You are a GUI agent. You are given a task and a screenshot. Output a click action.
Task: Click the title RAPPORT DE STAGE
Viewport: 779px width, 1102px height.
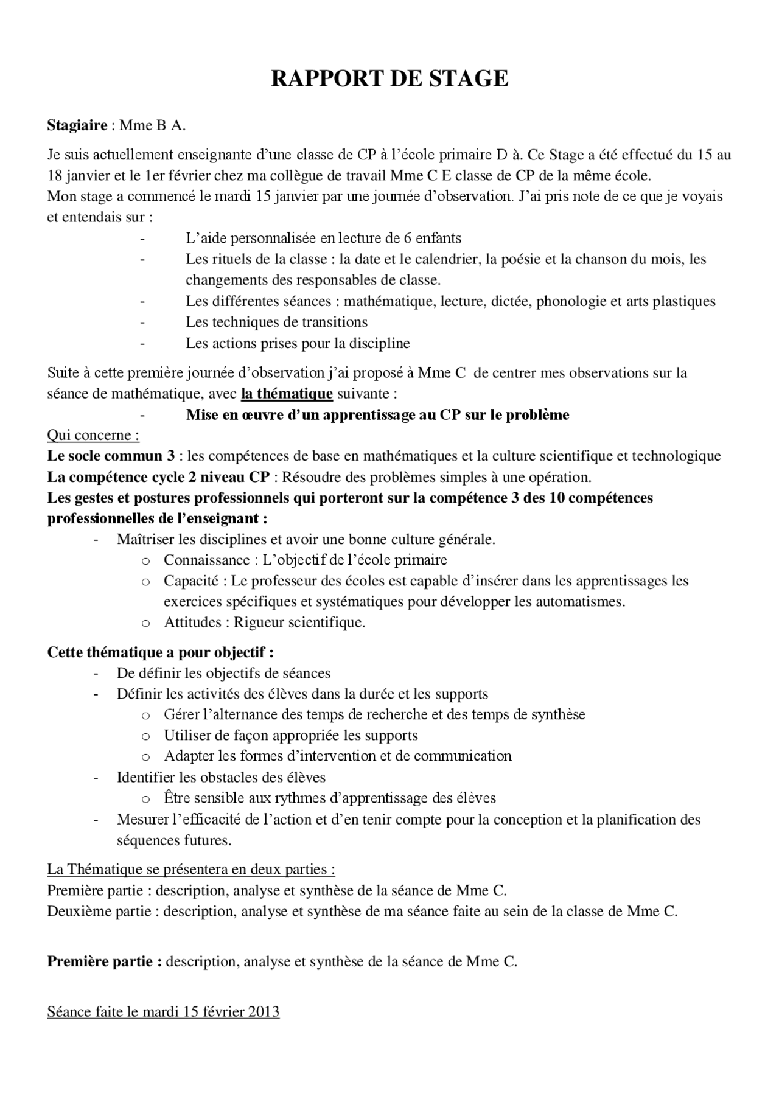pos(389,79)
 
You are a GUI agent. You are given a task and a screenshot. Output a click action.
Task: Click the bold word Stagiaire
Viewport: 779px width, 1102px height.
pos(77,125)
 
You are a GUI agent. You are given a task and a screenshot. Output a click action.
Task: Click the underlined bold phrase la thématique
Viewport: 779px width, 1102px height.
pos(287,394)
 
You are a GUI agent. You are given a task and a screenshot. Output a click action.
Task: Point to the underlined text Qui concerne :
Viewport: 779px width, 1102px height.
pos(93,435)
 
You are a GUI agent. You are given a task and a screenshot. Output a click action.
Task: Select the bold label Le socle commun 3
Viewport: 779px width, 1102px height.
pos(111,456)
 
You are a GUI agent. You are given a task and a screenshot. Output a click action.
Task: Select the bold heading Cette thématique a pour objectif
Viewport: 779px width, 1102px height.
pos(159,652)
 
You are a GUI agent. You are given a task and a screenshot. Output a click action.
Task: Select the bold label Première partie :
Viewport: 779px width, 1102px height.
pos(105,961)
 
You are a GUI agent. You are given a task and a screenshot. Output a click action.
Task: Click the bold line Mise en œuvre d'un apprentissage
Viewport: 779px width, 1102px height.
pos(377,415)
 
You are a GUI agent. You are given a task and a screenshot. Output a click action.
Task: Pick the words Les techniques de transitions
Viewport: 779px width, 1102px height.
pos(277,322)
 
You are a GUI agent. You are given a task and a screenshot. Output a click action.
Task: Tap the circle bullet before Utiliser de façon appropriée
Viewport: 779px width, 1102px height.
pos(145,736)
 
